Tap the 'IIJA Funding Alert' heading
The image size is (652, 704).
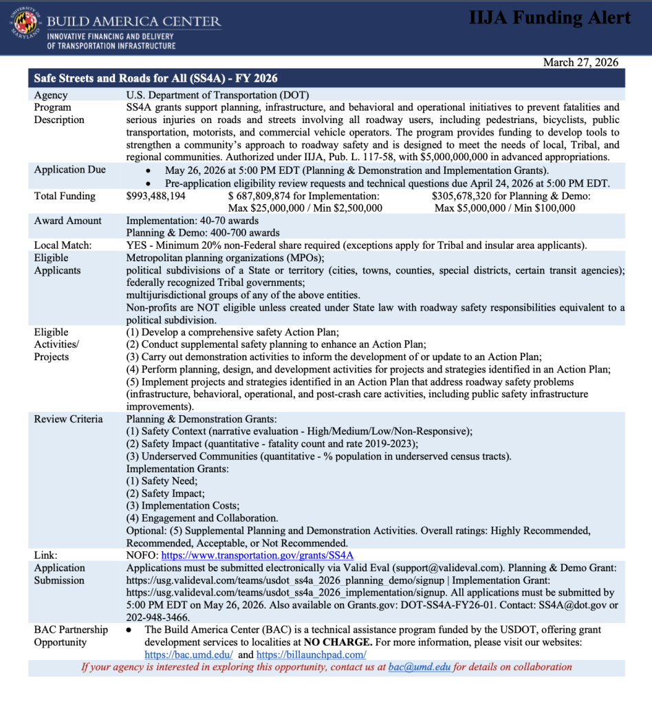[550, 19]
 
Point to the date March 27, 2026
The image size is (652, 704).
[580, 63]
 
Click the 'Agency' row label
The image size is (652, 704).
[51, 95]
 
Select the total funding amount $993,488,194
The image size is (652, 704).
[156, 196]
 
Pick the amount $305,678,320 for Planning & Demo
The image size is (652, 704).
[468, 196]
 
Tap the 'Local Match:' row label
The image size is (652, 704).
[63, 245]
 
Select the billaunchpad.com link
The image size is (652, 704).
[311, 654]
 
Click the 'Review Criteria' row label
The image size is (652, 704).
[68, 419]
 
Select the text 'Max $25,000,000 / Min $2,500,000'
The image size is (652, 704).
[305, 208]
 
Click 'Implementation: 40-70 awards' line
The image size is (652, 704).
[193, 221]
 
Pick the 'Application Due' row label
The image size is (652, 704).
[69, 170]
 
